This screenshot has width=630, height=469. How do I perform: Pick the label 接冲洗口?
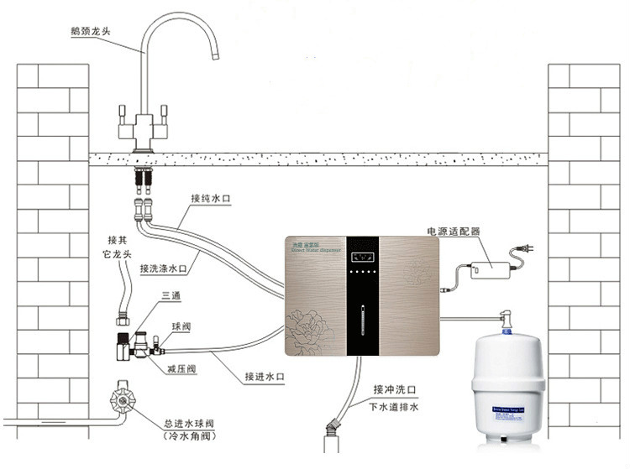[395, 389]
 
